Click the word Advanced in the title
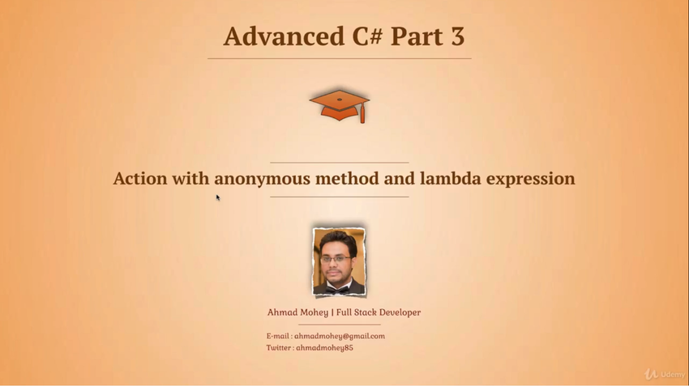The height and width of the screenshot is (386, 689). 284,36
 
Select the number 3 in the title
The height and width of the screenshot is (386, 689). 457,36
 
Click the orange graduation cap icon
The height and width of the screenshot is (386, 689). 339,106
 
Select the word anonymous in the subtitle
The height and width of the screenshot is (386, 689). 263,179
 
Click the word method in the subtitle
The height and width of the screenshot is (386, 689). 347,178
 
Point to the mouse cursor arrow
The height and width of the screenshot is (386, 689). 218,197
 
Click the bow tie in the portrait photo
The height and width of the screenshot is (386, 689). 337,289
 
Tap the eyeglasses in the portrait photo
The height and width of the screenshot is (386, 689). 336,259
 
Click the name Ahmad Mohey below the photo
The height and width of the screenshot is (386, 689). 297,312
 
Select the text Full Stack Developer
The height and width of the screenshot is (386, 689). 379,312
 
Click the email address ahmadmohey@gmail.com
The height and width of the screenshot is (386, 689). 339,337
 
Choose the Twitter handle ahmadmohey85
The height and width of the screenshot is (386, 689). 324,348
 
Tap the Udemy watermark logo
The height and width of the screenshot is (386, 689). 665,374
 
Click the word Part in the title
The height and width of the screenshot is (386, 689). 416,36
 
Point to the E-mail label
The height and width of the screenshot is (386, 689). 278,337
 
